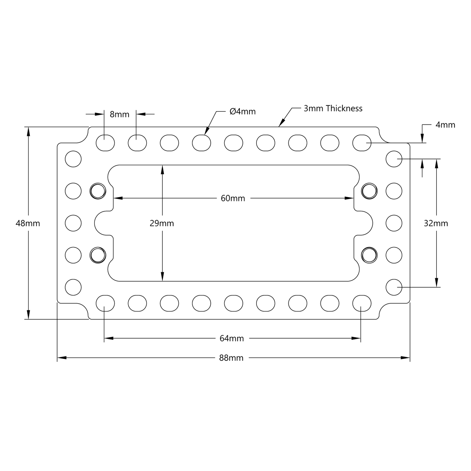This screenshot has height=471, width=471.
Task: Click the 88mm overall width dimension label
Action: (x=231, y=358)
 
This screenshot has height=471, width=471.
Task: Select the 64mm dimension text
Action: (x=231, y=339)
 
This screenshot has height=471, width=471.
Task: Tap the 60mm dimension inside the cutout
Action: (x=233, y=198)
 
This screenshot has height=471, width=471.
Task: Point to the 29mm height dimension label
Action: (x=162, y=223)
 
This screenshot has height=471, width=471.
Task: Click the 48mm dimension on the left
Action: (x=28, y=223)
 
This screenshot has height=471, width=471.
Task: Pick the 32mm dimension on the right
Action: (x=436, y=223)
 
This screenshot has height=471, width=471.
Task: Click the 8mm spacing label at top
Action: (x=119, y=114)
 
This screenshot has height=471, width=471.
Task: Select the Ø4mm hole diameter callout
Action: (x=243, y=111)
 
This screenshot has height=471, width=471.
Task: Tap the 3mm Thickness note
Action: (x=333, y=109)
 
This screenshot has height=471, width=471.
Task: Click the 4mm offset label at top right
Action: (x=445, y=125)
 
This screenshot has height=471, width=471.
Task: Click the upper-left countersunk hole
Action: (x=98, y=191)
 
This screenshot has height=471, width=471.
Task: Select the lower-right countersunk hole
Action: (x=369, y=255)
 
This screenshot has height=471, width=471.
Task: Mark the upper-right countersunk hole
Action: (x=369, y=191)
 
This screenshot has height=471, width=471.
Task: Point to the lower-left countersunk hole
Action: (x=98, y=255)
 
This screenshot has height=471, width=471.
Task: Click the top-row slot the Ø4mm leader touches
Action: (x=201, y=143)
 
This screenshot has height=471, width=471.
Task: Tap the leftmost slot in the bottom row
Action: (x=105, y=303)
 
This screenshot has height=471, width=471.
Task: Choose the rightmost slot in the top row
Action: (x=362, y=143)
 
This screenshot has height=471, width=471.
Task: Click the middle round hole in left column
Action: (x=73, y=223)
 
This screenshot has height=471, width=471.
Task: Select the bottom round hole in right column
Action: (x=394, y=287)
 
